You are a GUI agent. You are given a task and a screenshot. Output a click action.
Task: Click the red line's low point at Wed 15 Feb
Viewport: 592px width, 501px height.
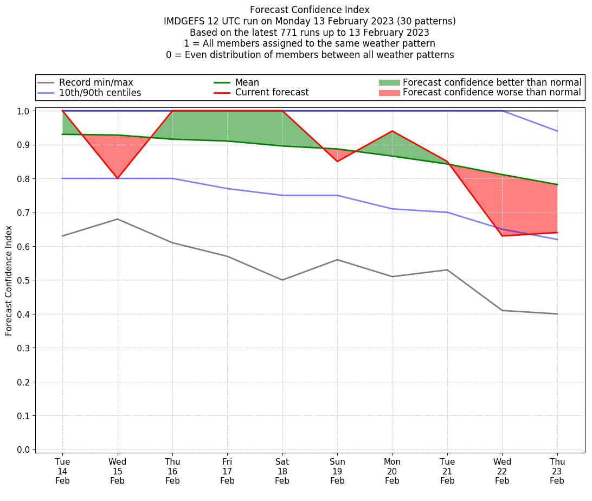[x=118, y=178]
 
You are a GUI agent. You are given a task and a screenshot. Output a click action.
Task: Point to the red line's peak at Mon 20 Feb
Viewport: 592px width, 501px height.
[x=392, y=131]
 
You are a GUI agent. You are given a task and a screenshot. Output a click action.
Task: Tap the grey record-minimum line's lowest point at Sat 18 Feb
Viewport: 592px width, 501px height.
[x=282, y=280]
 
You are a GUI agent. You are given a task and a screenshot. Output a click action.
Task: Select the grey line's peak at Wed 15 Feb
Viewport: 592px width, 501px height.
[x=118, y=219]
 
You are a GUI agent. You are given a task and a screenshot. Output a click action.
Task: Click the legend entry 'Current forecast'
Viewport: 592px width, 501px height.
[x=272, y=93]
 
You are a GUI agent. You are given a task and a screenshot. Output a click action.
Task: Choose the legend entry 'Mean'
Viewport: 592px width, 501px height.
[x=247, y=82]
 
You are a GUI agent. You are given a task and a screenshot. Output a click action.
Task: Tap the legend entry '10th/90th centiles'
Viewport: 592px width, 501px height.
[x=100, y=93]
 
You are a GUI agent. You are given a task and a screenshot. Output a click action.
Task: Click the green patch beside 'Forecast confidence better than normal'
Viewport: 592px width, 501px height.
[x=389, y=82]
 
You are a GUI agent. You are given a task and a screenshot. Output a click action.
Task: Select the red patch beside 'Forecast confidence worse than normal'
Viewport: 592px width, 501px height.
[x=389, y=93]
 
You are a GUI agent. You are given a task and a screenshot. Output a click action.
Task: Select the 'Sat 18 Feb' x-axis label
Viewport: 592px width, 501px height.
[x=282, y=471]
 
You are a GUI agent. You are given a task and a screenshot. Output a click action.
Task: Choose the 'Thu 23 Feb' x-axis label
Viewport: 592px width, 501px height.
[x=557, y=471]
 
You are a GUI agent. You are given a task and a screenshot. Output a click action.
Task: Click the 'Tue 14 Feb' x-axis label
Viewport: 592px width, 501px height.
[x=62, y=471]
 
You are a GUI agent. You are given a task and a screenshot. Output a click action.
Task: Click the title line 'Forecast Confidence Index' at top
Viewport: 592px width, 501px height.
[x=310, y=10]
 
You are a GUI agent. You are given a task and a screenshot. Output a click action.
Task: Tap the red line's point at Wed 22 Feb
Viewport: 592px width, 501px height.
[x=502, y=236]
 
